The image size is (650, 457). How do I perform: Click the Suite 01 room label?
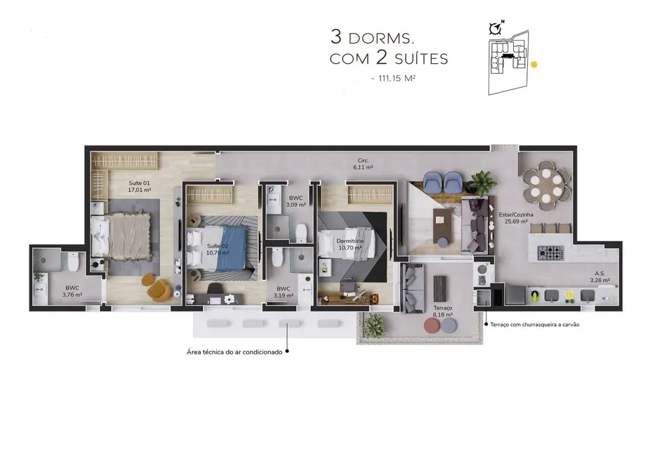(x=139, y=185)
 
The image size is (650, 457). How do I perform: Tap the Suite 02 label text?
(x=217, y=248)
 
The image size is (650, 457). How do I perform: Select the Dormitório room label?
(x=351, y=244)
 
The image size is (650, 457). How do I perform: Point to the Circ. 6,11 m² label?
(x=363, y=164)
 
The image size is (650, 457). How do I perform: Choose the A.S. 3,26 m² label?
(x=599, y=277)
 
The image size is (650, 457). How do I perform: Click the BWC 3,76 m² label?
(x=72, y=291)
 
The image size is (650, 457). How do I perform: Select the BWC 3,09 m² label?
(x=296, y=202)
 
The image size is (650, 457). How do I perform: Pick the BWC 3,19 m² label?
(x=284, y=292)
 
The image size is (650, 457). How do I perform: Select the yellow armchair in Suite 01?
(x=156, y=287)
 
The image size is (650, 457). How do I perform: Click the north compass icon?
(x=496, y=28)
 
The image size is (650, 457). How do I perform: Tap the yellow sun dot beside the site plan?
(x=534, y=64)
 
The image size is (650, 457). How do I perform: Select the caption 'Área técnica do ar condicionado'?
(x=234, y=352)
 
